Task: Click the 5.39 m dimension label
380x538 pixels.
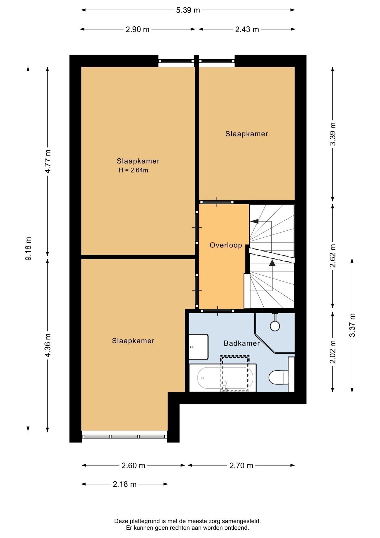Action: coord(188,10)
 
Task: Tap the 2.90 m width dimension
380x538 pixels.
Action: coord(137,29)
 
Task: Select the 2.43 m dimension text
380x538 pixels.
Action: coord(247,29)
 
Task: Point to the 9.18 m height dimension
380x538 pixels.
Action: coord(28,249)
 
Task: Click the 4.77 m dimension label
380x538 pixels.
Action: coord(48,161)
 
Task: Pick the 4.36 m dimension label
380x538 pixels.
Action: coord(48,345)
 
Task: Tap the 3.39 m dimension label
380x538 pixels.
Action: coord(333,134)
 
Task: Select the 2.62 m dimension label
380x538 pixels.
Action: coord(333,256)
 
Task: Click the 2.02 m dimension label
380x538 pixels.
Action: coord(333,352)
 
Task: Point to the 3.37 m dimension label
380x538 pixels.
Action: coord(352,325)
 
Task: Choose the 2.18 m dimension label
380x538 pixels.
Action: coord(125,484)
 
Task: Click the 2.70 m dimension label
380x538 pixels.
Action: coord(241,465)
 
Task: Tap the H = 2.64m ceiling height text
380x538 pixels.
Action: coord(133,170)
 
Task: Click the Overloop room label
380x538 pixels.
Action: coord(226,245)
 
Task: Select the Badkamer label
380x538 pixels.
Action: coord(242,343)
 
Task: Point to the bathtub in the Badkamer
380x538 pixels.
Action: coord(223,378)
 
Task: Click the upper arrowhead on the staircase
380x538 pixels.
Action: coord(254,221)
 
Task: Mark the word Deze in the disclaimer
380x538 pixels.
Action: coord(121,521)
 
